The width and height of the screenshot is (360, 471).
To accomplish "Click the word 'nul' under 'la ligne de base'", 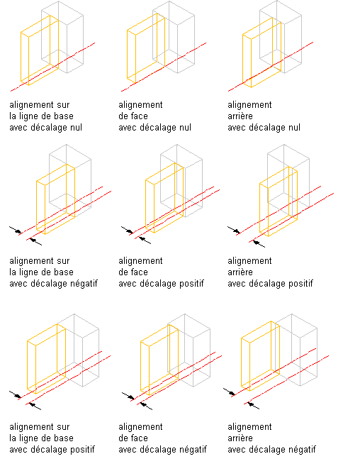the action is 76,128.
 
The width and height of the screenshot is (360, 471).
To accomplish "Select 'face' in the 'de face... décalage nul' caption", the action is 140,116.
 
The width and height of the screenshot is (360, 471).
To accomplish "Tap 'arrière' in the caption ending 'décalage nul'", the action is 240,116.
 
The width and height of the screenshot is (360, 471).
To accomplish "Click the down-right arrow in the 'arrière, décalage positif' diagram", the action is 234,230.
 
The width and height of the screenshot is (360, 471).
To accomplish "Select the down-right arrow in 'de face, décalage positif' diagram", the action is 127,230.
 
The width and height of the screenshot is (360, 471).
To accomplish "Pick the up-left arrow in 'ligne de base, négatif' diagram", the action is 35,242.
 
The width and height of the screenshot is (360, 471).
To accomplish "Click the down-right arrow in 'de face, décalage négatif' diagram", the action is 128,397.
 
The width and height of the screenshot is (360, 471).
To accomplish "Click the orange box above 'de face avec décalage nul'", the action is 146,48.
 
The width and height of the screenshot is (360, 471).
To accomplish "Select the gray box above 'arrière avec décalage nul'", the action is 281,37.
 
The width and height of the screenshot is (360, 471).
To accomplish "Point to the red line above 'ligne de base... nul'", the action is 53,67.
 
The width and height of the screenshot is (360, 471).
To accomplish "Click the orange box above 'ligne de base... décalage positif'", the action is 47,359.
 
